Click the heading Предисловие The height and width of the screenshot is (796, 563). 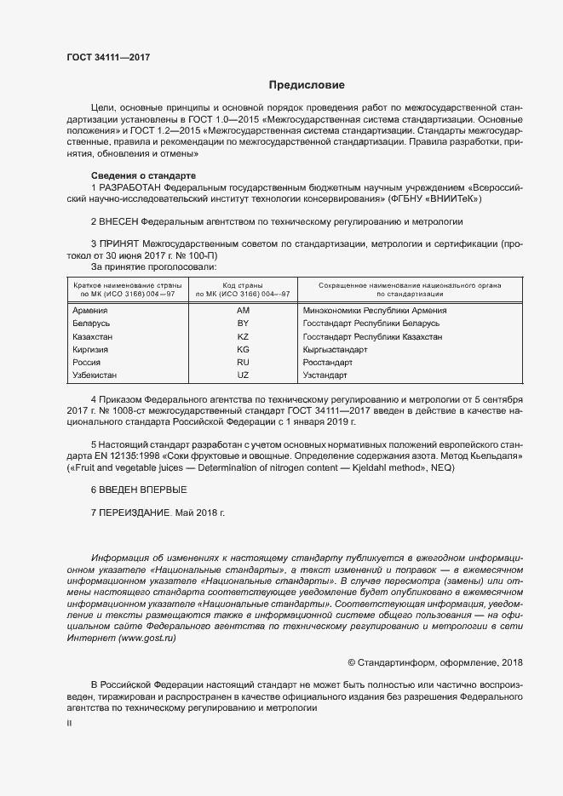click(x=307, y=85)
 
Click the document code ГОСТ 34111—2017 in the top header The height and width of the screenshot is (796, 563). click(x=108, y=57)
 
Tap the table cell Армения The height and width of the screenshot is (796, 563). click(x=91, y=311)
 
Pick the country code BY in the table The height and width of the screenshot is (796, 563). click(x=243, y=324)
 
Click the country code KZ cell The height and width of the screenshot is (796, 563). click(x=243, y=337)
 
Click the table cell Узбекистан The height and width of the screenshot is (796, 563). click(x=95, y=375)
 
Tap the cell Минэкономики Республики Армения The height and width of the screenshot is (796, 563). click(x=375, y=311)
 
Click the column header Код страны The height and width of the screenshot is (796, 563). click(x=243, y=284)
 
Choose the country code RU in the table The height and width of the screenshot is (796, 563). click(x=243, y=363)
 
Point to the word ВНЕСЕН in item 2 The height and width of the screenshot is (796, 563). click(x=118, y=221)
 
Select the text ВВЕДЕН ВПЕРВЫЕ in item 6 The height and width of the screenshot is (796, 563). click(x=138, y=492)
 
